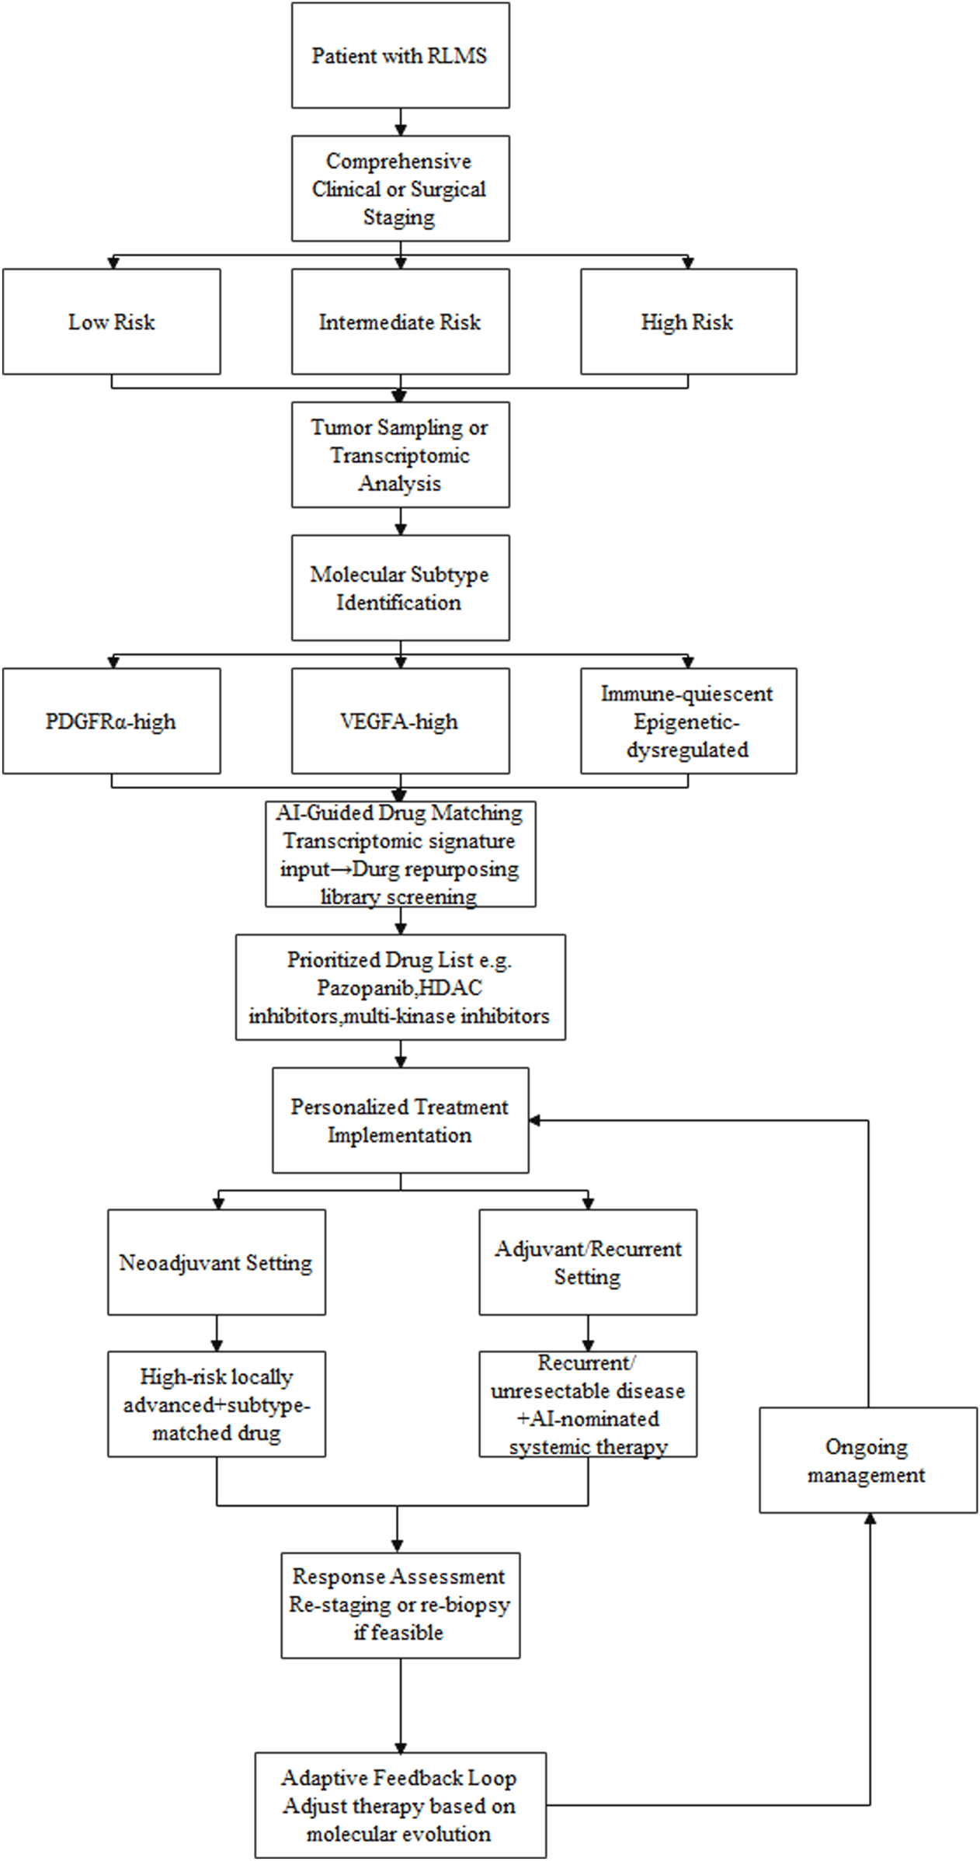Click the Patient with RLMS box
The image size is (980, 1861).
coord(400,55)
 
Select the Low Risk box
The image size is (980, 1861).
coord(111,322)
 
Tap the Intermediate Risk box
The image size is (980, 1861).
coord(400,322)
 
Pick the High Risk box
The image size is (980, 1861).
coord(688,322)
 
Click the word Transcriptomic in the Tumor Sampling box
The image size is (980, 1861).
coord(400,455)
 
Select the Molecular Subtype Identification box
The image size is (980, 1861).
coord(400,588)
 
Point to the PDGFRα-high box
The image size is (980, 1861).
coord(111,721)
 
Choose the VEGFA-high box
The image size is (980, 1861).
coord(400,721)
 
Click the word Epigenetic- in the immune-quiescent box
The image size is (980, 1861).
coord(686,722)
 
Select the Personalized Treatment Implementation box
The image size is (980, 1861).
coord(400,1120)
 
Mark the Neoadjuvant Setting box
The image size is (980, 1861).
coord(216,1262)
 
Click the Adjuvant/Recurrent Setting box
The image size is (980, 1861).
coord(588,1262)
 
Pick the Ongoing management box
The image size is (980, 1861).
coord(867,1460)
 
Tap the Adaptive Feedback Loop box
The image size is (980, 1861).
coord(400,1806)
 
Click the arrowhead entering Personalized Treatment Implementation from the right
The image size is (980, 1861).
coord(535,1120)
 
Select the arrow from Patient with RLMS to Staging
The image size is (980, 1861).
coord(401,121)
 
